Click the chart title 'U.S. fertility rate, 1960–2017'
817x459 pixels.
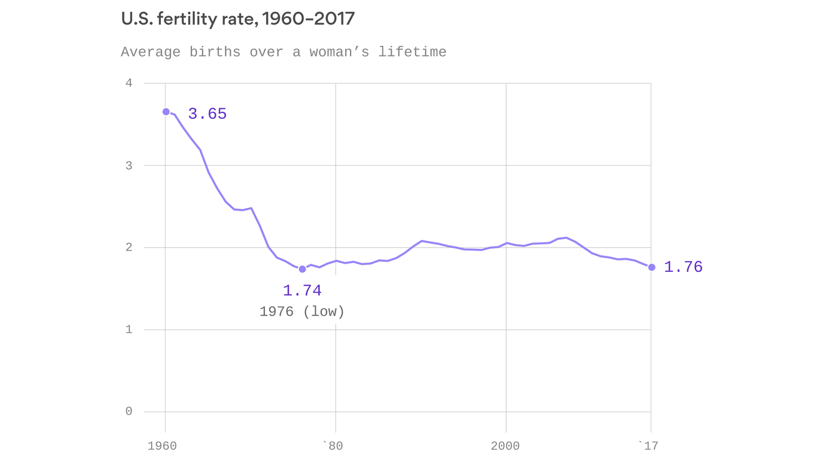[x=237, y=19]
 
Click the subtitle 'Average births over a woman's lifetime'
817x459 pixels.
[x=283, y=52]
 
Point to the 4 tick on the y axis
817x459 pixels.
[x=129, y=83]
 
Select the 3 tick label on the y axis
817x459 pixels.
[x=129, y=166]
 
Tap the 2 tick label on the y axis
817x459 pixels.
[x=129, y=247]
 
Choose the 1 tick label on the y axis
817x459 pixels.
[x=129, y=330]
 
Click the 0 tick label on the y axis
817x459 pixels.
[x=129, y=412]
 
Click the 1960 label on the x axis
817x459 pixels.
[x=162, y=446]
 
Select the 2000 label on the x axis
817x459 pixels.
[x=505, y=446]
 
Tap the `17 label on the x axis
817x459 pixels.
[x=648, y=446]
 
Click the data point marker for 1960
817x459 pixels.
[x=166, y=112]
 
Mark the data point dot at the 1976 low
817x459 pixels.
[x=303, y=269]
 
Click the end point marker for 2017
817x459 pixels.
[x=651, y=267]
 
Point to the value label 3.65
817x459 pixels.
[x=207, y=114]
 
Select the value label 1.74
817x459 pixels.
[x=302, y=291]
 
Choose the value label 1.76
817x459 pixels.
[x=683, y=267]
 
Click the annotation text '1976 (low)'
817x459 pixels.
[x=302, y=312]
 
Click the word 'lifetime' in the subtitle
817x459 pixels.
[x=412, y=52]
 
